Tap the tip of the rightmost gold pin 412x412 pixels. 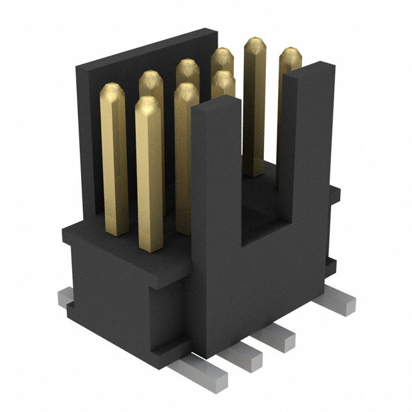coord(290,56)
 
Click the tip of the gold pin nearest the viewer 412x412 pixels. coord(147,105)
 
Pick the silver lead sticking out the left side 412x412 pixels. coord(66,297)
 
